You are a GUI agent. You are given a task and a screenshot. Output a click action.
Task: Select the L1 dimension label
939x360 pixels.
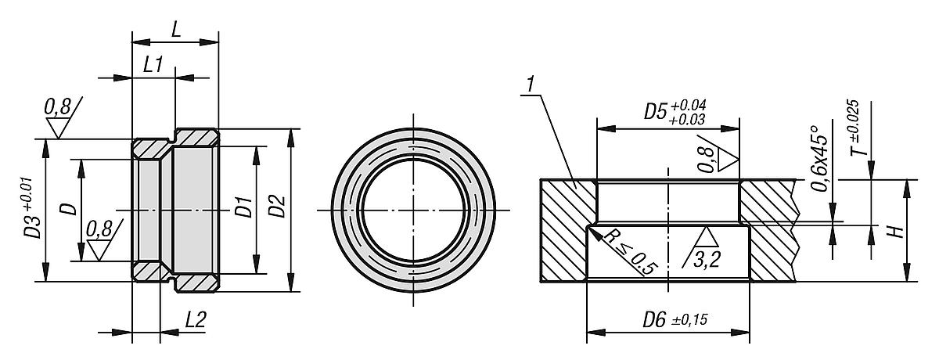tap(153, 65)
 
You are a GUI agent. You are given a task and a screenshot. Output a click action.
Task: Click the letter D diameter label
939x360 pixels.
tap(69, 209)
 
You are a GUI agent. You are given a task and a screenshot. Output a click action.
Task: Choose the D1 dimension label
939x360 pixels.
tap(243, 209)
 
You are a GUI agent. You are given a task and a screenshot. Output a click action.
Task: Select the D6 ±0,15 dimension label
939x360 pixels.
tap(668, 320)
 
